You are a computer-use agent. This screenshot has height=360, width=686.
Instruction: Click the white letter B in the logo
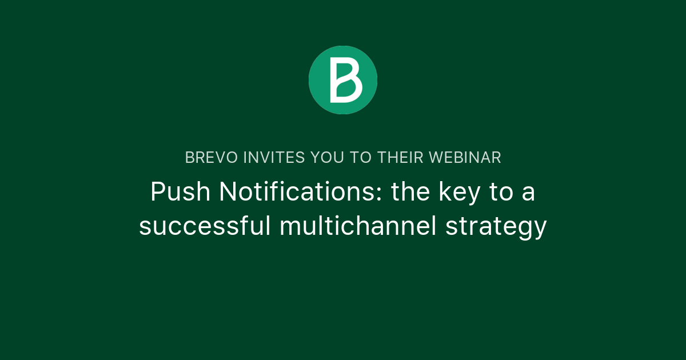(x=345, y=80)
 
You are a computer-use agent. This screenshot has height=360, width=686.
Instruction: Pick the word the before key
(x=410, y=192)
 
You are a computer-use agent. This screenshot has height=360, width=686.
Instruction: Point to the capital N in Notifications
(x=228, y=192)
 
